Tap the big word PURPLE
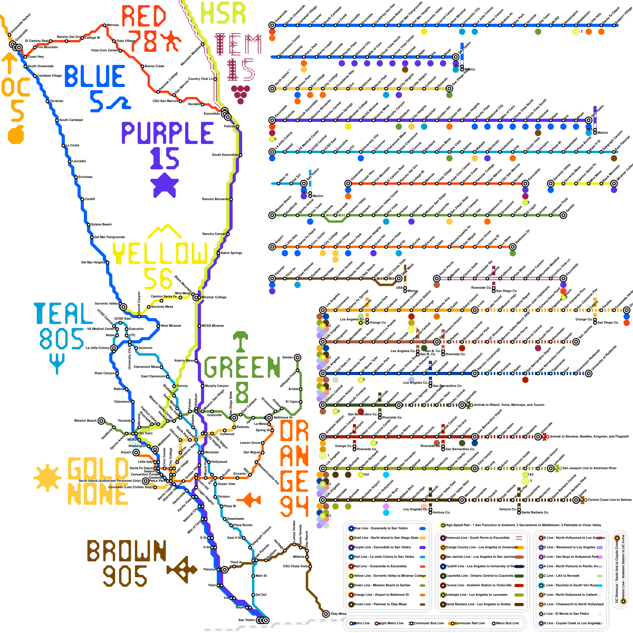[167, 133]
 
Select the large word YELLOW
[160, 253]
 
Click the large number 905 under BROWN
[125, 576]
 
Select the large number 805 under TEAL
[62, 339]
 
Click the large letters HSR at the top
[223, 13]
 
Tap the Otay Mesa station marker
[326, 614]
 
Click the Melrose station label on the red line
[113, 25]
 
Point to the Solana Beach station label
[101, 224]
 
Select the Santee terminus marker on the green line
[298, 358]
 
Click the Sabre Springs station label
[231, 253]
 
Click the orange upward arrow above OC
[9, 63]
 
